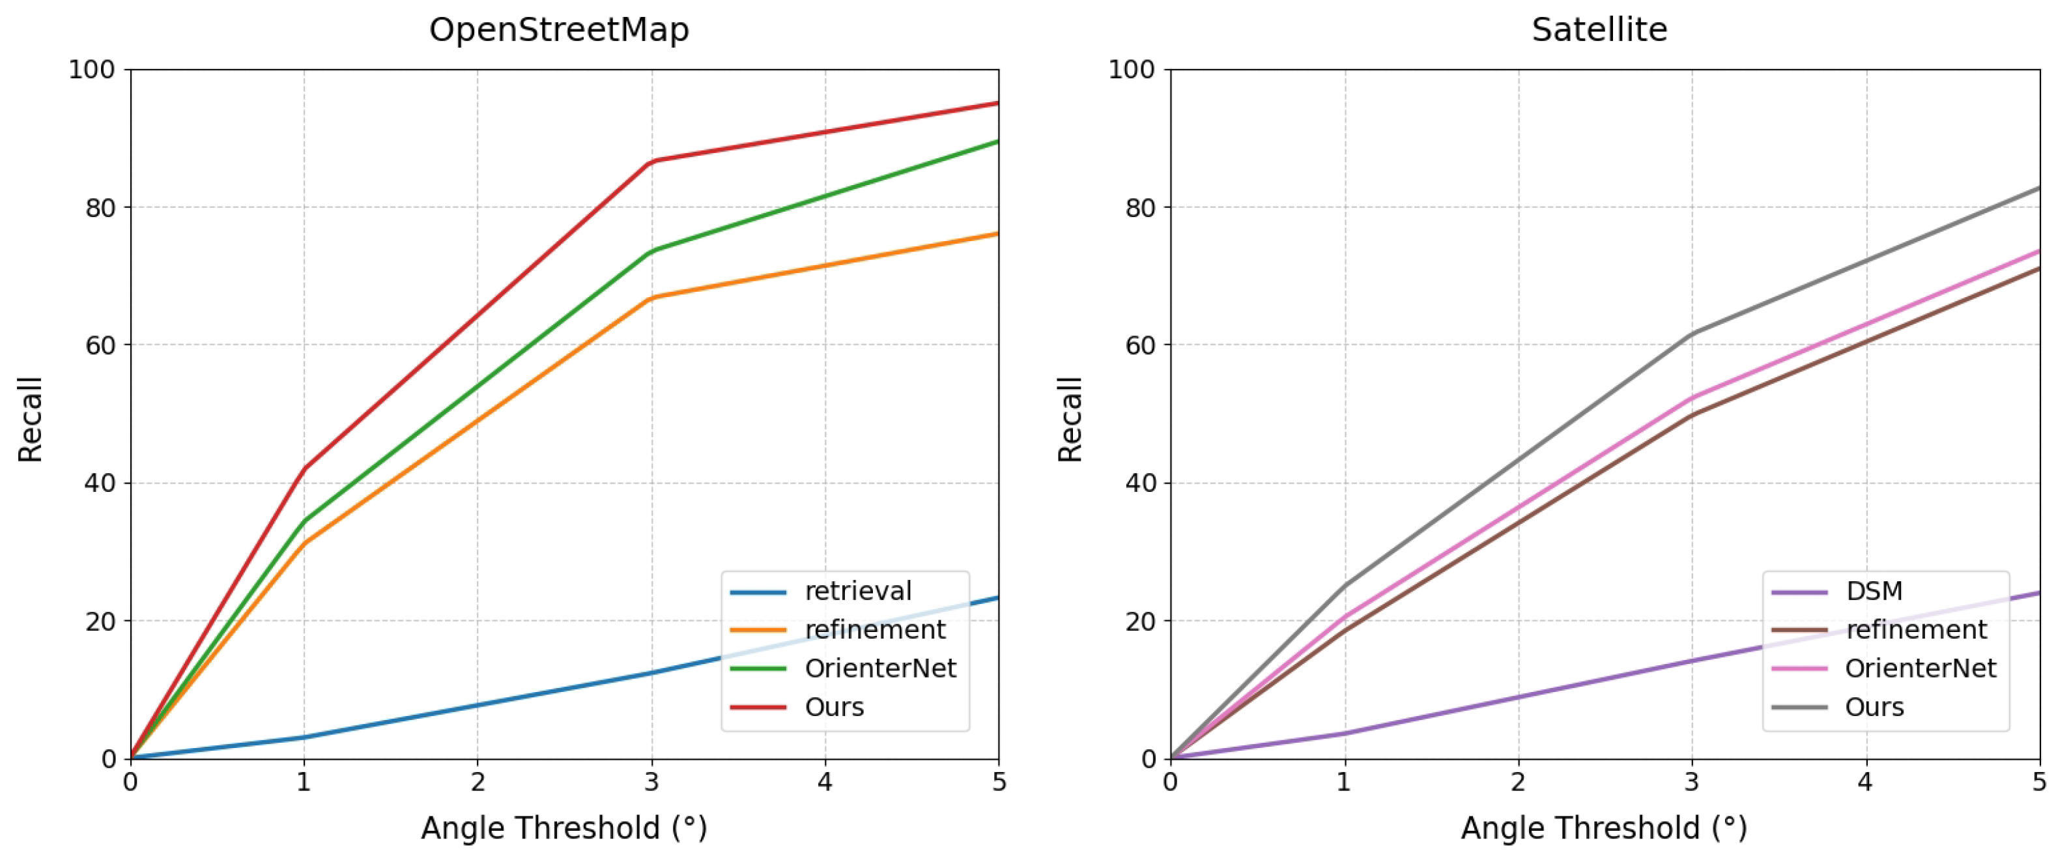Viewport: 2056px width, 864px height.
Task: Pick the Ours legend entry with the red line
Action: [834, 708]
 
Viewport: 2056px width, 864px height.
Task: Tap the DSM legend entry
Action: [1874, 591]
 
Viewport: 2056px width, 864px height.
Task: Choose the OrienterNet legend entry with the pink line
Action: [1919, 669]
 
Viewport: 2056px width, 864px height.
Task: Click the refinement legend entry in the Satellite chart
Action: [1915, 630]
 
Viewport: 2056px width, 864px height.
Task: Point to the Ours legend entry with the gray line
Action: [1874, 708]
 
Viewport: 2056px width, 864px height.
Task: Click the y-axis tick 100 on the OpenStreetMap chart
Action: [92, 70]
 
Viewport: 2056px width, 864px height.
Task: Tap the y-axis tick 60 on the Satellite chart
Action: [1140, 345]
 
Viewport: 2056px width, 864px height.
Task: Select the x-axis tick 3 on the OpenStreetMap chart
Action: [651, 782]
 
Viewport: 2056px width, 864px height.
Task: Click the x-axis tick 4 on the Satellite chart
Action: [1864, 782]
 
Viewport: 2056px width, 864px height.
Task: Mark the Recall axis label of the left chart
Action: [31, 419]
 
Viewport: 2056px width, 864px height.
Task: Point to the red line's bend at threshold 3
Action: [652, 162]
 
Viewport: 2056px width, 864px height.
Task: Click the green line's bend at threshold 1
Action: [304, 521]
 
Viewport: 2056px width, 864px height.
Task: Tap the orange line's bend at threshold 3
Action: [652, 298]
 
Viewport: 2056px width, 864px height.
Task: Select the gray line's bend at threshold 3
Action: [1692, 334]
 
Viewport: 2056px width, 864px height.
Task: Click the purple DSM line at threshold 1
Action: [1345, 733]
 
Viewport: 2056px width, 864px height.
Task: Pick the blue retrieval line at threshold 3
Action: [652, 673]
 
